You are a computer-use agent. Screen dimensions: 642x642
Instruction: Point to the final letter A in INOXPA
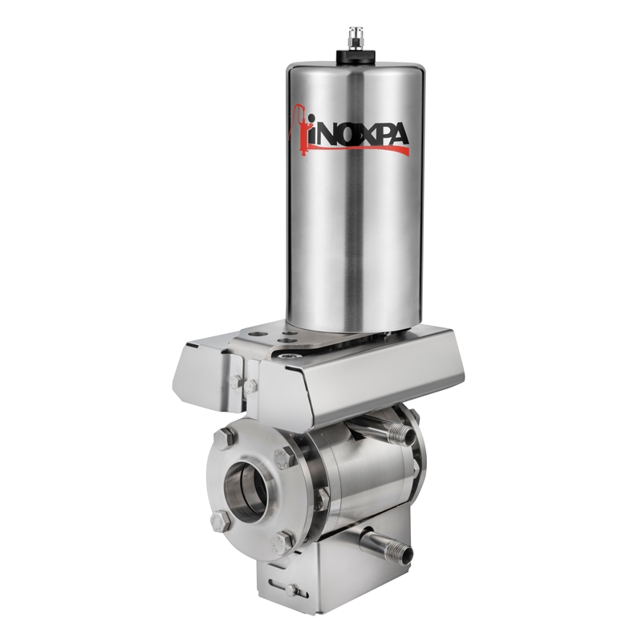[398, 137]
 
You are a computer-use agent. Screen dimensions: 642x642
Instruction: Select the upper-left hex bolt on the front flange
[225, 438]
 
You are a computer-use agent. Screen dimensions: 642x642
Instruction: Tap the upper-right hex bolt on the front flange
[283, 459]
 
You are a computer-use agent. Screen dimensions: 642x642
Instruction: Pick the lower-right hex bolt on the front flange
[280, 543]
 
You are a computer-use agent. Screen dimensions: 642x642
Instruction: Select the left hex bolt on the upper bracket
[235, 383]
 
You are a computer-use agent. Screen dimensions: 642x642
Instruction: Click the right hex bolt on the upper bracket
[250, 387]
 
